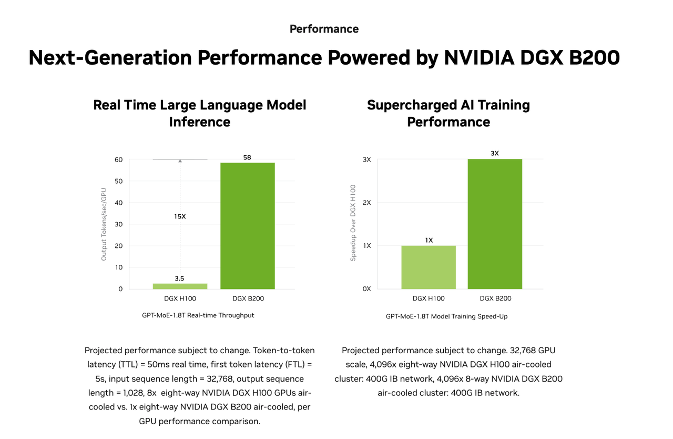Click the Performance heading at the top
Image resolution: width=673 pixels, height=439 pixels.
[x=324, y=29]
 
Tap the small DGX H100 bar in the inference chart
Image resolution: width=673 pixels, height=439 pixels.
[x=180, y=286]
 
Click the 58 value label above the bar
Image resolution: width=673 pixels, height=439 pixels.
[x=247, y=157]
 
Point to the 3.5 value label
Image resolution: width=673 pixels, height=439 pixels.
[x=180, y=278]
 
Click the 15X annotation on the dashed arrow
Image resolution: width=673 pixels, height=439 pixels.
[x=180, y=216]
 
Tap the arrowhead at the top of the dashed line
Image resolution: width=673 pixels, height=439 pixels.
[x=180, y=161]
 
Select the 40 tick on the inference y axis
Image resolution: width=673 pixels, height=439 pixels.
[x=118, y=203]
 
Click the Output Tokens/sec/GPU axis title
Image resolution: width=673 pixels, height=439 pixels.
[x=104, y=224]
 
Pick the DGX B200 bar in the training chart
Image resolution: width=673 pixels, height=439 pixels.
[x=495, y=224]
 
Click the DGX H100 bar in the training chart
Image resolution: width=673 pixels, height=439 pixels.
[x=429, y=267]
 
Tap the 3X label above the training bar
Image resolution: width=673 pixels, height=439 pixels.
[x=495, y=153]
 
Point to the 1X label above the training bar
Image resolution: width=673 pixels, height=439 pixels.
[x=429, y=240]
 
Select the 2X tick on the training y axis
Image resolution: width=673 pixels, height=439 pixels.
[x=366, y=203]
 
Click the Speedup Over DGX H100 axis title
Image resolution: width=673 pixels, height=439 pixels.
[x=353, y=223]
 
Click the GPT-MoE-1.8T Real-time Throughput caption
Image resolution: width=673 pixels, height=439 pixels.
[x=198, y=315]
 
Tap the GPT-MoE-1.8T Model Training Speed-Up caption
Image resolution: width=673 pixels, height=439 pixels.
[x=446, y=316]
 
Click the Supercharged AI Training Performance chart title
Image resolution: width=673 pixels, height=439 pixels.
[x=448, y=113]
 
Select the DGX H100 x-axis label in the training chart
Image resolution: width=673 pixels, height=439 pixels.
[x=429, y=298]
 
